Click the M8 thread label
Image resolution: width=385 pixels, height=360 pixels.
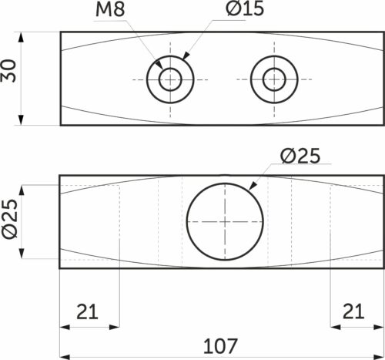point(110,9)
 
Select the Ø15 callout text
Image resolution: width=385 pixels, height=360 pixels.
point(245,8)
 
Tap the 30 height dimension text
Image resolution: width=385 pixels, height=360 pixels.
point(8,71)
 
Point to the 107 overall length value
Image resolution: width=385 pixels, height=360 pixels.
point(220,346)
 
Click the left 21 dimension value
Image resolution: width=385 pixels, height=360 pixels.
point(87,311)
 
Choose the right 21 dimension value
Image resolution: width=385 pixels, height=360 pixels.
point(353,311)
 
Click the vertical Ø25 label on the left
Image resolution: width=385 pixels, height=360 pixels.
point(10,219)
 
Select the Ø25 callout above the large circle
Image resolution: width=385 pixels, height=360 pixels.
point(300,156)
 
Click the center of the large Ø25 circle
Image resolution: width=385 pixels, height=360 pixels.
point(225,221)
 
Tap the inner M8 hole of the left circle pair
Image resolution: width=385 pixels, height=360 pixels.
point(170,79)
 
